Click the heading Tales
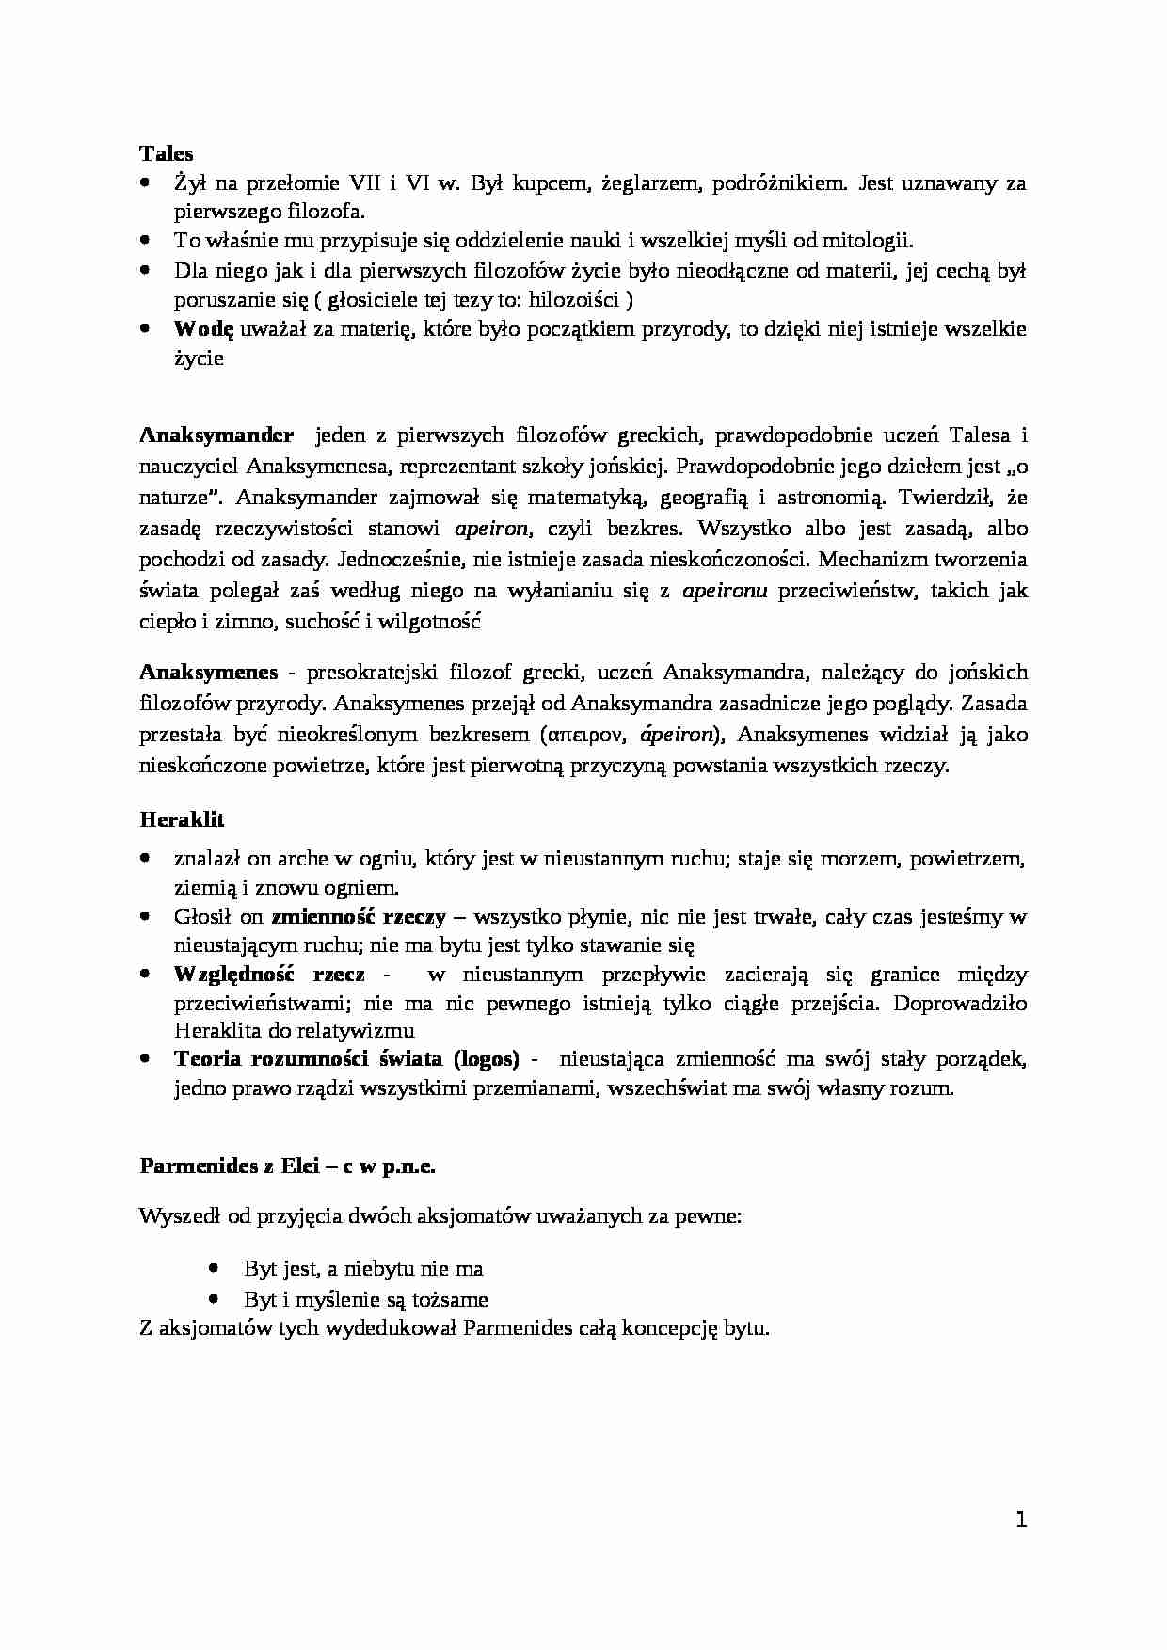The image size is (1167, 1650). pos(167,153)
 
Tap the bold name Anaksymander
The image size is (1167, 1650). pos(216,436)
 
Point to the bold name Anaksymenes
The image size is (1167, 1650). pos(209,673)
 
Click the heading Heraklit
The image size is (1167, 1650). pos(182,819)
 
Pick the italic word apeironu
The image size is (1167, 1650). pos(724,592)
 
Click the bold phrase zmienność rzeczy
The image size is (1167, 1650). pos(359,916)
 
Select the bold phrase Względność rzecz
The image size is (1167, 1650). pos(269,975)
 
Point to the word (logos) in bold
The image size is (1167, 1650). pos(486,1059)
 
